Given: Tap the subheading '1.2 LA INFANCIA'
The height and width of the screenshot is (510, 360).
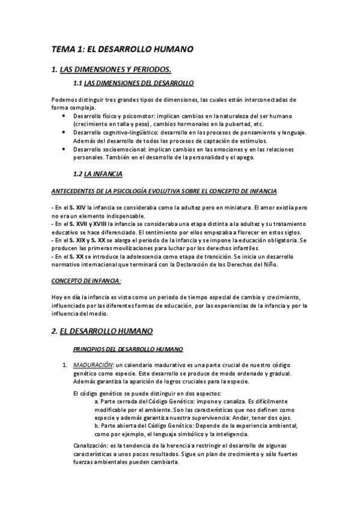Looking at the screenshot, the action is tap(97, 174).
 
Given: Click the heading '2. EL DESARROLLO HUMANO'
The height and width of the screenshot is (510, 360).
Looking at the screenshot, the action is tap(102, 331).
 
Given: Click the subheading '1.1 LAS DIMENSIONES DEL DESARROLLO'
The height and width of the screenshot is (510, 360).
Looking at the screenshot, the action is tap(132, 82).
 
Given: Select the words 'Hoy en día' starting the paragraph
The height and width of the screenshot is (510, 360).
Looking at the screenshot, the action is tap(66, 298).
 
